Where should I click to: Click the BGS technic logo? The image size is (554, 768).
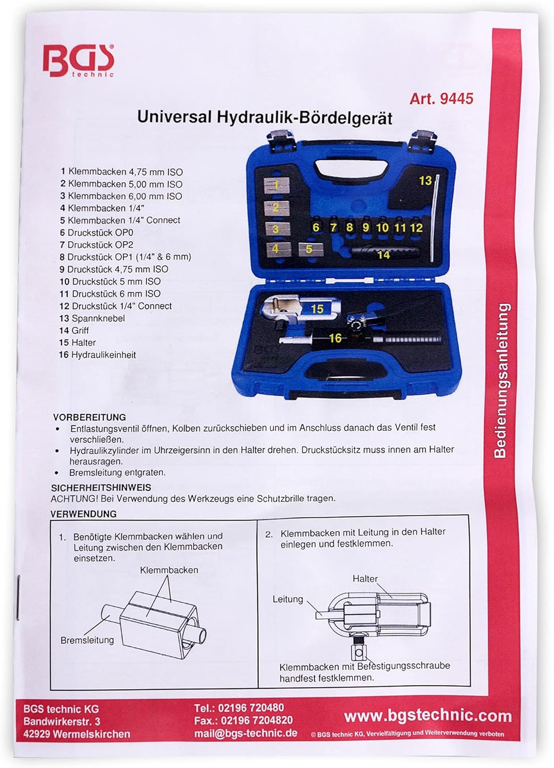pyautogui.click(x=78, y=61)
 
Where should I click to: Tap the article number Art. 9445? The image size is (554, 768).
pyautogui.click(x=441, y=99)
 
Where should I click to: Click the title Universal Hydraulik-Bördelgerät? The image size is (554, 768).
pyautogui.click(x=264, y=118)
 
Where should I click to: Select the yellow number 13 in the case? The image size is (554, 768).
pyautogui.click(x=425, y=180)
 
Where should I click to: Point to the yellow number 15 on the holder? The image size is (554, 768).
pyautogui.click(x=317, y=309)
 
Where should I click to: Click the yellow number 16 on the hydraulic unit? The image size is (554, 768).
pyautogui.click(x=335, y=338)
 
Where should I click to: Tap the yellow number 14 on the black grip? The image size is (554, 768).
pyautogui.click(x=383, y=255)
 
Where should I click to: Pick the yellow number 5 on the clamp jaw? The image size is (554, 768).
pyautogui.click(x=309, y=249)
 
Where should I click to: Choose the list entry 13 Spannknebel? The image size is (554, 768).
pyautogui.click(x=92, y=318)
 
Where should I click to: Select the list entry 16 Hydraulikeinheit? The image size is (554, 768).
pyautogui.click(x=97, y=354)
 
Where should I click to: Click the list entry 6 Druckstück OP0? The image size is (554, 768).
pyautogui.click(x=96, y=232)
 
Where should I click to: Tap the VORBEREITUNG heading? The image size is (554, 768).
pyautogui.click(x=90, y=417)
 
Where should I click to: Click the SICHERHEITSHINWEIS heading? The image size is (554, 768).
pyautogui.click(x=101, y=487)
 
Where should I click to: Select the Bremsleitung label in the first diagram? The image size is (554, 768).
pyautogui.click(x=87, y=640)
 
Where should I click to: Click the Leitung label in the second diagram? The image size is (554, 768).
pyautogui.click(x=288, y=599)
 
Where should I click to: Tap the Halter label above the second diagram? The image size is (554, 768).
pyautogui.click(x=365, y=579)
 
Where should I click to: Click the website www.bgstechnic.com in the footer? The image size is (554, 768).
pyautogui.click(x=428, y=716)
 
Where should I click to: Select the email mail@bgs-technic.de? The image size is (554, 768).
pyautogui.click(x=246, y=733)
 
